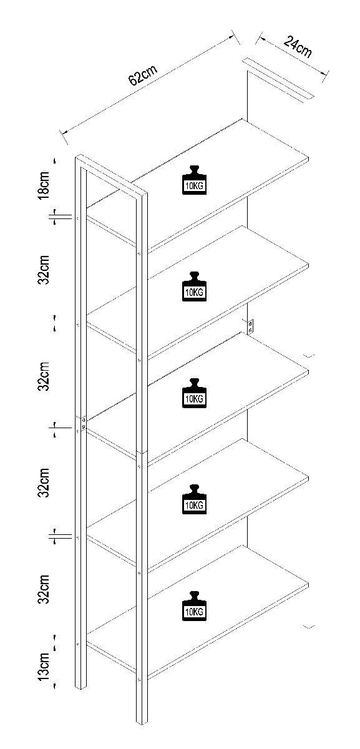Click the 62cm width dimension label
142,76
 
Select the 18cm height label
44,185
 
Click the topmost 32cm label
44,270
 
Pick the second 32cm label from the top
44,376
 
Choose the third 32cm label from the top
44,483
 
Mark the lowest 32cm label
44,589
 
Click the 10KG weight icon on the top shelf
194,180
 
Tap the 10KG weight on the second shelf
194,286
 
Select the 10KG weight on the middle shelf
194,393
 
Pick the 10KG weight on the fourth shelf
194,499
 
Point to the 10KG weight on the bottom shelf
194,606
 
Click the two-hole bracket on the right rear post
250,326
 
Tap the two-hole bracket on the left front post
84,423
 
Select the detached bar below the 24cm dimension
278,79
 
